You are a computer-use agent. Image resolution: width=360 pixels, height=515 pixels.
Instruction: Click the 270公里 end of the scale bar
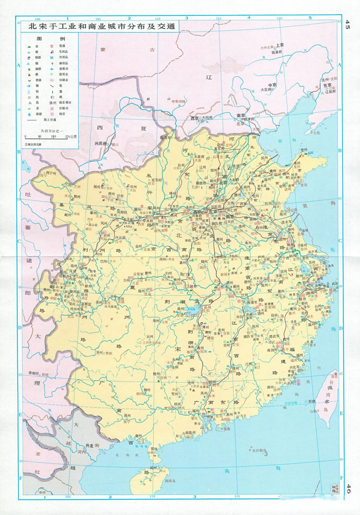pyautogui.click(x=71, y=137)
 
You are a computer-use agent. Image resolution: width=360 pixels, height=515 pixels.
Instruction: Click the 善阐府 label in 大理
pyautogui.click(x=36, y=374)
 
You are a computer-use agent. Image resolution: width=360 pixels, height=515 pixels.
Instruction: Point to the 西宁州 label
pyautogui.click(x=51, y=173)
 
